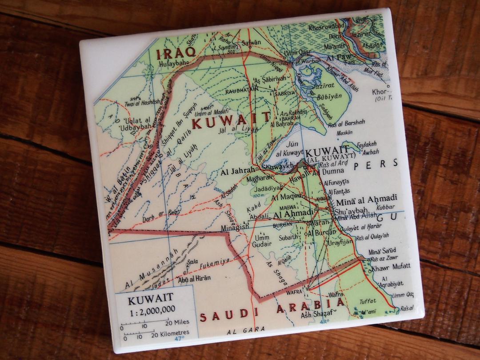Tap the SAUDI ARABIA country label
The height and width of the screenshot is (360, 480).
(x=272, y=311)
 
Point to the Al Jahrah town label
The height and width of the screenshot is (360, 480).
(x=239, y=169)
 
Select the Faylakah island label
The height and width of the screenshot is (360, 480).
(x=367, y=144)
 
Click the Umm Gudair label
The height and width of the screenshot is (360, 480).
(x=262, y=240)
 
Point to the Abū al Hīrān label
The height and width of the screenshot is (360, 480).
(x=194, y=278)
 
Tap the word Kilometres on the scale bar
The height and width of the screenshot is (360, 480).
(x=172, y=332)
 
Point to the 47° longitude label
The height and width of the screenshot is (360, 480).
(x=179, y=339)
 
